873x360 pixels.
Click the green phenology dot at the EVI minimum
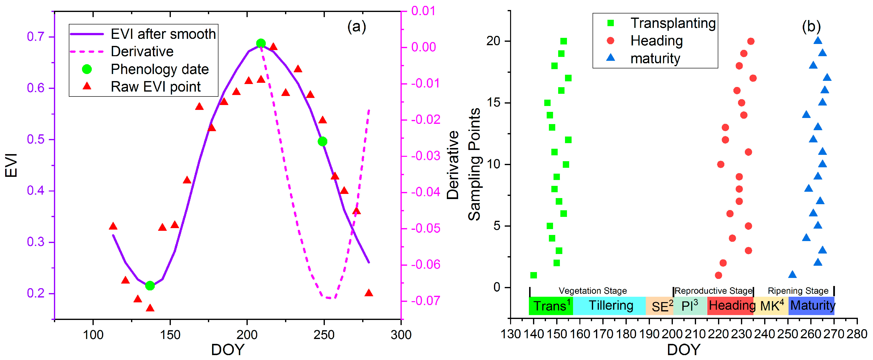click(150, 286)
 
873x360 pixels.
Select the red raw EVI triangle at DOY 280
click(369, 293)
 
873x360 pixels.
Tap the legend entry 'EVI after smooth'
click(163, 34)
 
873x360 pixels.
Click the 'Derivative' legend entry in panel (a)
click(142, 52)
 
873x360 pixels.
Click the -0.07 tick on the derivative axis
click(426, 300)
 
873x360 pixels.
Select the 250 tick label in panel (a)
click(324, 335)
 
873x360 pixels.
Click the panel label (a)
click(357, 26)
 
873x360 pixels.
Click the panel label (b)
click(811, 26)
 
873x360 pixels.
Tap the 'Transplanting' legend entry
click(673, 23)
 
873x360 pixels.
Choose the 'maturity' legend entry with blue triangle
click(655, 58)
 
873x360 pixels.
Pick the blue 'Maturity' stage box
click(812, 306)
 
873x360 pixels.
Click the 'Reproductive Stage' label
click(713, 291)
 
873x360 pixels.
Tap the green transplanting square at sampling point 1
click(534, 275)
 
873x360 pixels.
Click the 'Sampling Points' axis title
click(474, 164)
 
